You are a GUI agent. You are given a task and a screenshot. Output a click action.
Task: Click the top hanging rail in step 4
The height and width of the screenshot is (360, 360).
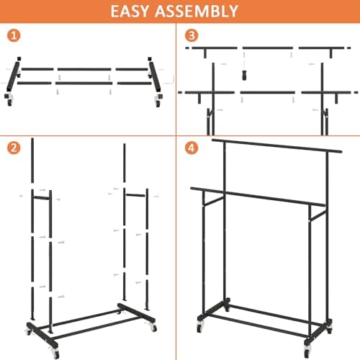(x=277, y=146)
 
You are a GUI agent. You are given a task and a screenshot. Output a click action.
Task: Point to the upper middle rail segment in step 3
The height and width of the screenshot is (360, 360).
(x=268, y=48)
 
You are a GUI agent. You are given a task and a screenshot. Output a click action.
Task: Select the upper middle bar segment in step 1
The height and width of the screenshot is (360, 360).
(x=85, y=70)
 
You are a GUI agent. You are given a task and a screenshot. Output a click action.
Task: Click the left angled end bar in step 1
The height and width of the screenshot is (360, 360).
(x=15, y=72)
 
